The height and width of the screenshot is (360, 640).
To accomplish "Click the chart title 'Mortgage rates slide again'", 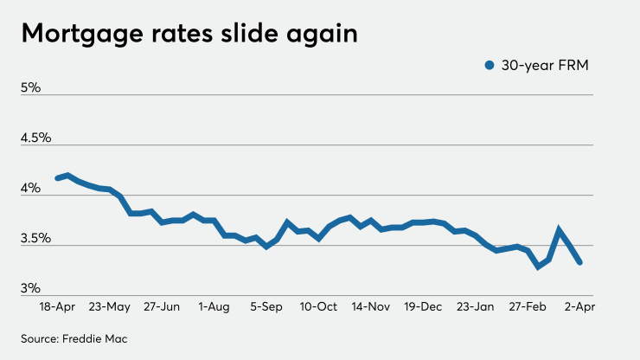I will point(189,34).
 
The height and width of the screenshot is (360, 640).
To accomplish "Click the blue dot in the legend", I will point(490,65).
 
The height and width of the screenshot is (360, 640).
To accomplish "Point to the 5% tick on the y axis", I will point(31,87).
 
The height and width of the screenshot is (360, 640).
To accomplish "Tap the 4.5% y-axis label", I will point(37,138).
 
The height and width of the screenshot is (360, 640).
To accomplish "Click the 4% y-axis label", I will point(31,188).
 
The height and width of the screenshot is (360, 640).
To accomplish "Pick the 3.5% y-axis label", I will point(37,238).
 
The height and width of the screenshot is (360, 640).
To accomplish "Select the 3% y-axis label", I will point(31,288).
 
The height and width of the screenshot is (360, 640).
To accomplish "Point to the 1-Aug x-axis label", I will point(214,306).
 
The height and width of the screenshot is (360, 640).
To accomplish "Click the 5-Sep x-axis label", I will point(266,306).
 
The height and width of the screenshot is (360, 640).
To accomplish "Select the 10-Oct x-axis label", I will point(319,306).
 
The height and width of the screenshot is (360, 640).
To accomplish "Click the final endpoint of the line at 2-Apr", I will point(579,262).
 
